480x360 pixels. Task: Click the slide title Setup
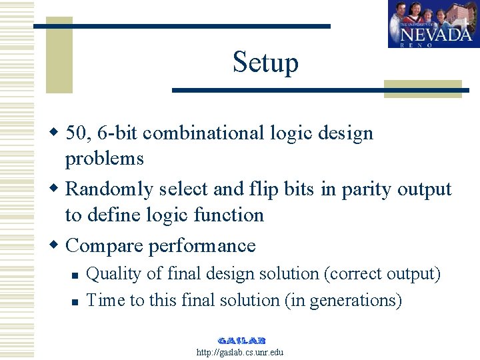(x=265, y=63)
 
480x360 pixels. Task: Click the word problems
(x=104, y=159)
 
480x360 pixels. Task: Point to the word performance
(x=202, y=246)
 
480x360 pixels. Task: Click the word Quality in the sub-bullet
(x=111, y=274)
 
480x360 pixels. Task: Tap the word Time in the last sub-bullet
(x=106, y=301)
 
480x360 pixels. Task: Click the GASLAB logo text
(x=241, y=340)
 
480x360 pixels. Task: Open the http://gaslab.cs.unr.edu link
(x=240, y=352)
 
